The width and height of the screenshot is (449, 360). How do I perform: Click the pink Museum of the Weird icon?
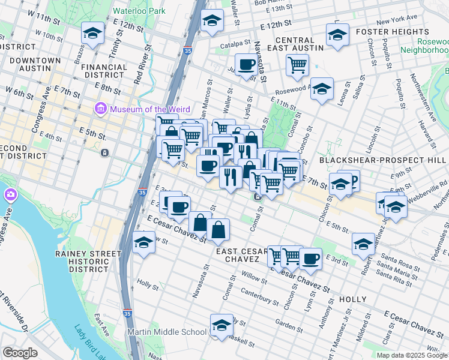[100, 109]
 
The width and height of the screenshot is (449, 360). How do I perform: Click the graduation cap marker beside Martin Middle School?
[221, 325]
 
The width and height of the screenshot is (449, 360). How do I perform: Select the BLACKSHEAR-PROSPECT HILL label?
[383, 160]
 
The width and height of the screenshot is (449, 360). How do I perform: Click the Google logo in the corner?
[20, 353]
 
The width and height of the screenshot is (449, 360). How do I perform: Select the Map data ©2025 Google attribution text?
[412, 355]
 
